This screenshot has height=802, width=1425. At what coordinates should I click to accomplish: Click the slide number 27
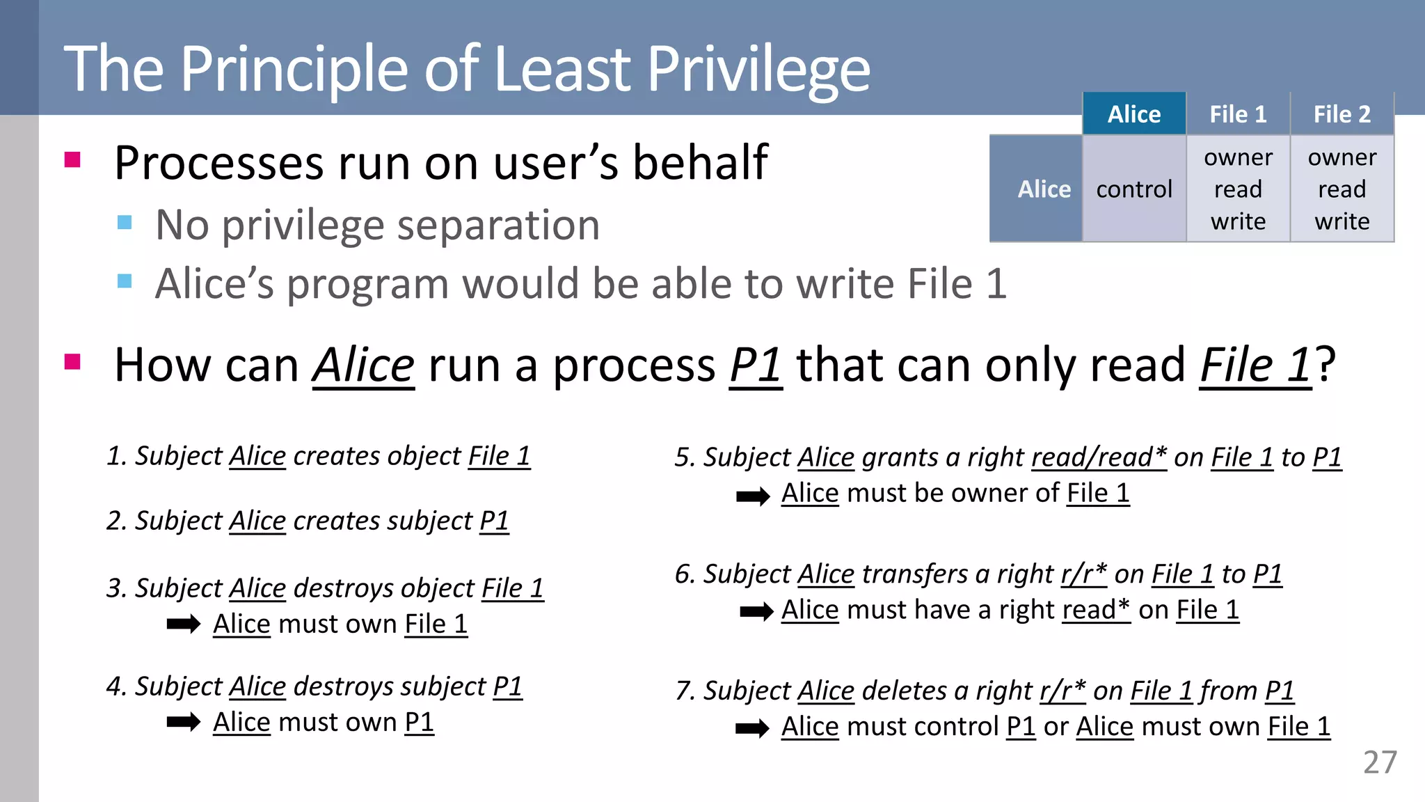click(x=1379, y=763)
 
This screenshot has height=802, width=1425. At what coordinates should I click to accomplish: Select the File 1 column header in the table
click(x=1238, y=114)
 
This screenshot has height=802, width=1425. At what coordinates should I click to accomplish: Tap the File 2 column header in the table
click(x=1342, y=114)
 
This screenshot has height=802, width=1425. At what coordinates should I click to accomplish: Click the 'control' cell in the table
click(x=1134, y=189)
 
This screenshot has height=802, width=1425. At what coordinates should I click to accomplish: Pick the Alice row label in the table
click(x=1044, y=189)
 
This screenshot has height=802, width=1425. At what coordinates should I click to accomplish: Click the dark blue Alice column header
click(x=1134, y=114)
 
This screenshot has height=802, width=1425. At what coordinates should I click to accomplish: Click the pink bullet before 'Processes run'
click(x=72, y=160)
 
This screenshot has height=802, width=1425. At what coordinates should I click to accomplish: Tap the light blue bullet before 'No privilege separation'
click(x=125, y=222)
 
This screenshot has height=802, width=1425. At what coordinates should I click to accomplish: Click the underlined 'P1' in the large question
click(x=756, y=365)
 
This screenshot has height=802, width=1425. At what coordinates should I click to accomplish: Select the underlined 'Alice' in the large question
click(x=364, y=365)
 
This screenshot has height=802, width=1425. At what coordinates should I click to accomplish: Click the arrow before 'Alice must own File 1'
click(x=184, y=624)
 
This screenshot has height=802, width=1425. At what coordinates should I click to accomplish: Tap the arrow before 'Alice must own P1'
click(x=184, y=722)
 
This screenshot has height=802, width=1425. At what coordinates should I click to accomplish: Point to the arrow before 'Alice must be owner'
click(x=753, y=496)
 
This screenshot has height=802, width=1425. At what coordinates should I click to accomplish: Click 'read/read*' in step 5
click(x=1099, y=457)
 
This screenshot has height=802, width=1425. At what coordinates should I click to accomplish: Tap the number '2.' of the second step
click(x=116, y=521)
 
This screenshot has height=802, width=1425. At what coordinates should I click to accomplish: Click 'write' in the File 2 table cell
click(x=1342, y=221)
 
